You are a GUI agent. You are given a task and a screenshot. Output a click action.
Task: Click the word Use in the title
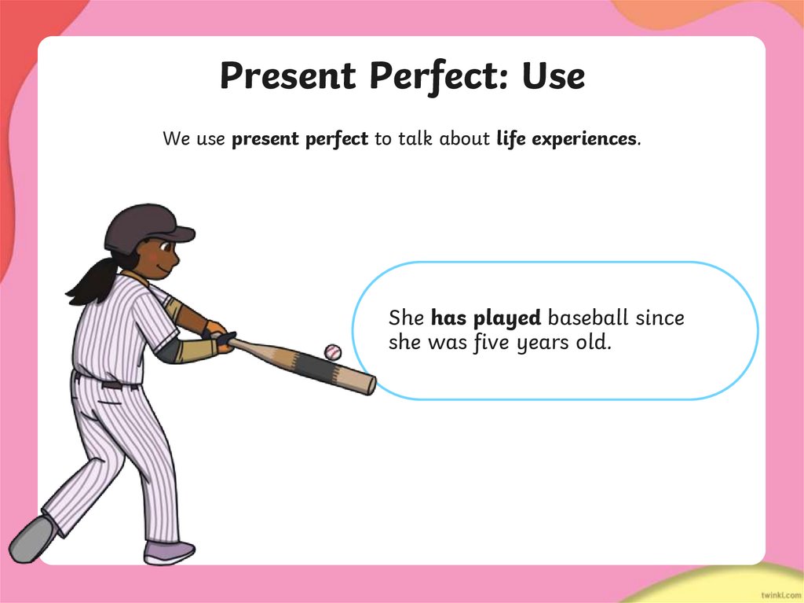coord(553,76)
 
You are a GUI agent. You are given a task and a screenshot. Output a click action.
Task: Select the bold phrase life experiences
coord(568,139)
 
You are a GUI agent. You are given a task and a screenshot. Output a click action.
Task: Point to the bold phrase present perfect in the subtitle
coord(300,140)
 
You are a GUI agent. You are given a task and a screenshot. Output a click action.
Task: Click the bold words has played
coord(486,318)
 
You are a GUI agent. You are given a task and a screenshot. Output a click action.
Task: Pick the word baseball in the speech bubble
coord(588,318)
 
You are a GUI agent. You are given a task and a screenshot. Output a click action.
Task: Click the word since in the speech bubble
coord(660,318)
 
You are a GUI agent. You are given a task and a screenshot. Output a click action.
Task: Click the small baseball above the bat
coord(333,351)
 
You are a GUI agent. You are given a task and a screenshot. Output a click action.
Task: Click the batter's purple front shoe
coord(169,552)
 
